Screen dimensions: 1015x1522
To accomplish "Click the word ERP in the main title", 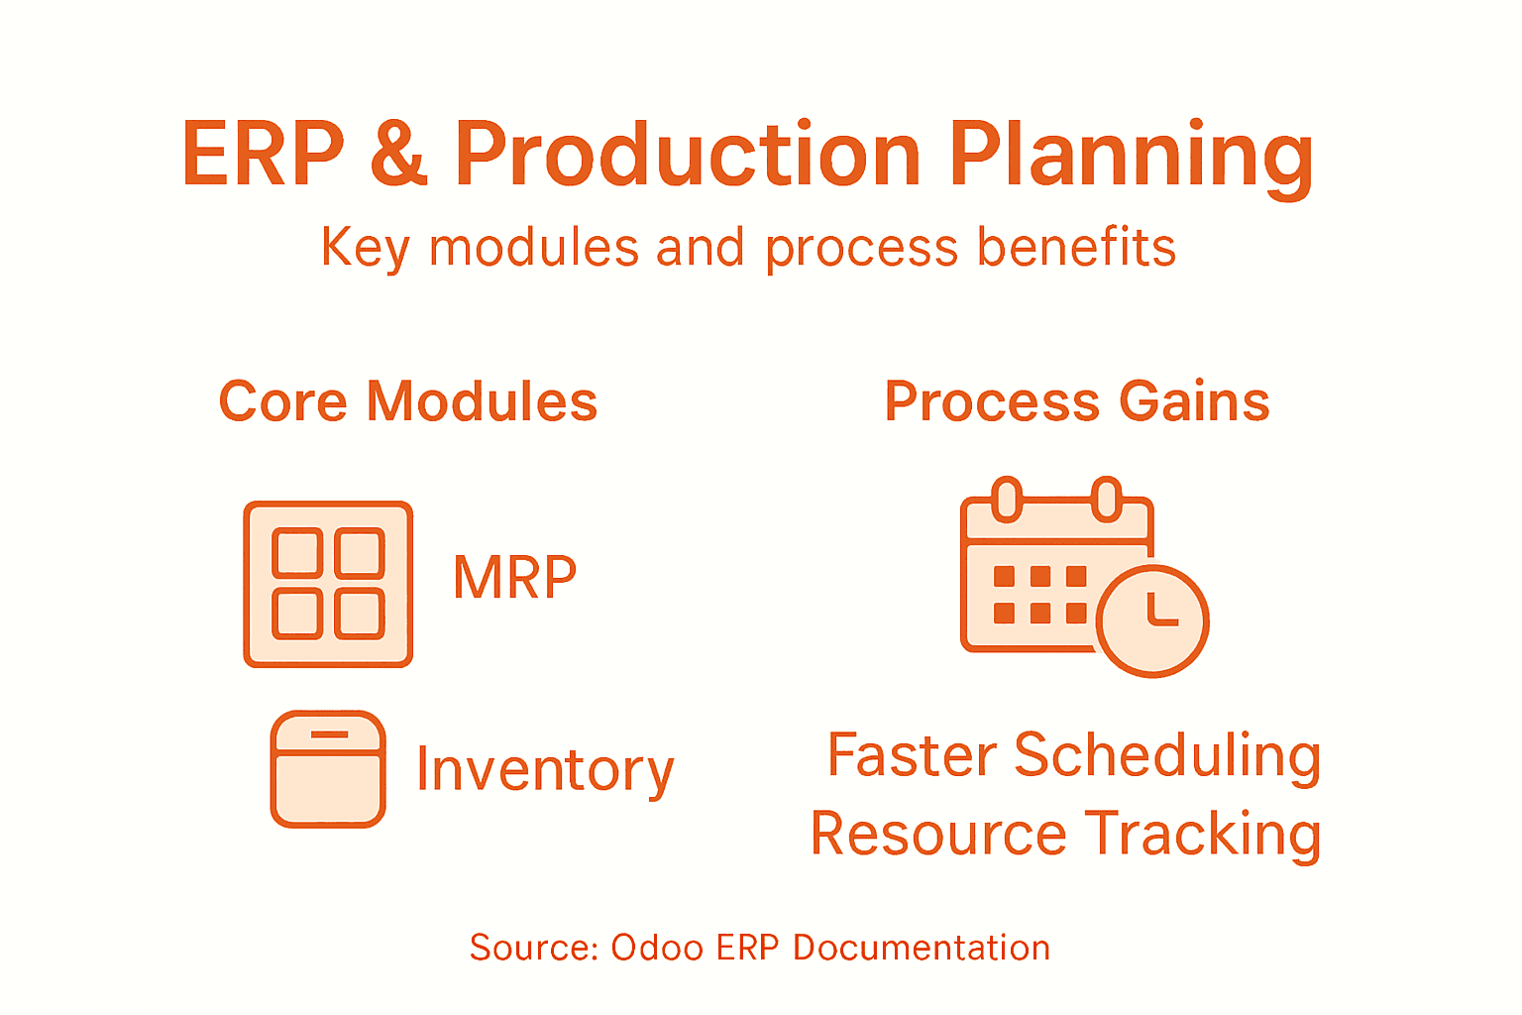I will [x=263, y=155].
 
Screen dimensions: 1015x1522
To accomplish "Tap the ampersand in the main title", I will [x=398, y=157].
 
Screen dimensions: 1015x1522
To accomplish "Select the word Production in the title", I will [x=688, y=155].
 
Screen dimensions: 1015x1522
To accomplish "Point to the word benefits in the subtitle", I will [x=1076, y=247].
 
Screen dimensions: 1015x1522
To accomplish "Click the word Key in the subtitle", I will [x=365, y=248].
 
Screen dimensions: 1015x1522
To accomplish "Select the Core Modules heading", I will [x=407, y=401].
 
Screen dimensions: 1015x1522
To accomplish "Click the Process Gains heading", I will [x=1076, y=401].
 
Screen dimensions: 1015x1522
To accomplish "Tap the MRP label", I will [x=514, y=577].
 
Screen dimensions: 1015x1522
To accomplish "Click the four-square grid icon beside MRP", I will [x=328, y=584].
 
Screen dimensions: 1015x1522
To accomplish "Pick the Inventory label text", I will [x=545, y=770].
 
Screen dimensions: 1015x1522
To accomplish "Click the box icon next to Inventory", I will [x=328, y=768].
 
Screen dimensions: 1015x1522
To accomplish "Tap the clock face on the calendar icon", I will [x=1152, y=621].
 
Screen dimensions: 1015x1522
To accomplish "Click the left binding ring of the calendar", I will [x=1007, y=499].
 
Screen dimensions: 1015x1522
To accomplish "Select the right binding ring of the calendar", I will [x=1107, y=499].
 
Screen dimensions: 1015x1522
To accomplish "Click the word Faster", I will [x=912, y=755].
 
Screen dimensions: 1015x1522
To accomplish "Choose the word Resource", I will [x=937, y=834].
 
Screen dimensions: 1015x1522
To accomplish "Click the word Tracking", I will [x=1203, y=835].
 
